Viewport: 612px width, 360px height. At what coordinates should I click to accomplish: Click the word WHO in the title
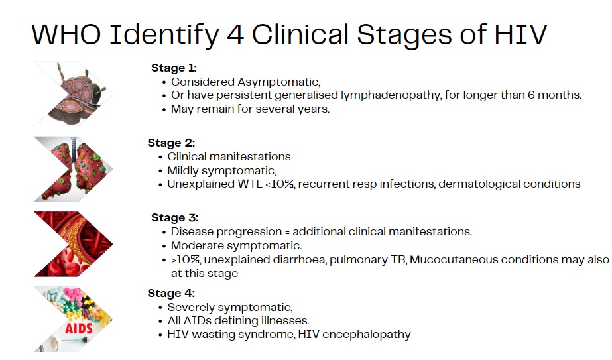click(x=66, y=34)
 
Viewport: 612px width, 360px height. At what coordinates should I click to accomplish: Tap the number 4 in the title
click(x=235, y=34)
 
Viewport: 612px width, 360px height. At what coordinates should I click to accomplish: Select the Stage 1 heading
click(x=174, y=68)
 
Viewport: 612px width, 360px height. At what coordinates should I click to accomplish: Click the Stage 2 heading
click(x=171, y=143)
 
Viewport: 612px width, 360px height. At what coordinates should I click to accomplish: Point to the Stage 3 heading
click(x=175, y=218)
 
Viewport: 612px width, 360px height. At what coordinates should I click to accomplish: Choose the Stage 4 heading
click(x=171, y=293)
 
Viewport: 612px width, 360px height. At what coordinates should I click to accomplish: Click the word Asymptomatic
click(x=278, y=82)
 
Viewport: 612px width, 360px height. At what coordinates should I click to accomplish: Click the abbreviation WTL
click(x=250, y=184)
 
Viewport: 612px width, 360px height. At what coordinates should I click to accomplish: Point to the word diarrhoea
click(x=299, y=260)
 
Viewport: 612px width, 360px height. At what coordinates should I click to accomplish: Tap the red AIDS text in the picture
click(x=78, y=328)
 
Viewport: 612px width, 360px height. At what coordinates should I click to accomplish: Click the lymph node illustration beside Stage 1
click(x=74, y=94)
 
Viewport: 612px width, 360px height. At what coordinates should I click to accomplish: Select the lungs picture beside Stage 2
click(x=74, y=169)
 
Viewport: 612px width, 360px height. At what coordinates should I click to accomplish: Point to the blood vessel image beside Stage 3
click(x=74, y=244)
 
